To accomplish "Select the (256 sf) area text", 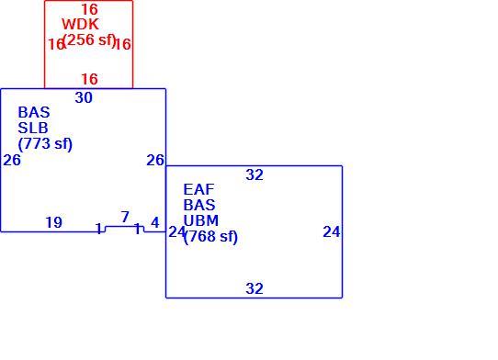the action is (x=89, y=39).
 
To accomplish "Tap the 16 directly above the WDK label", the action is (x=89, y=9).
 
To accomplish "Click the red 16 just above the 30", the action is (x=89, y=79).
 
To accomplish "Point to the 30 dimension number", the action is (x=84, y=97).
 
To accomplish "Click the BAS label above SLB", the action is (x=34, y=112).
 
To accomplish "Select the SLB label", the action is (x=33, y=128).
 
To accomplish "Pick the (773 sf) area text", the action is (x=45, y=144).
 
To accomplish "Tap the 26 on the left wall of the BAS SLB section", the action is (x=12, y=160).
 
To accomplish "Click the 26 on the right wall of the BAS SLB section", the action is (x=155, y=160).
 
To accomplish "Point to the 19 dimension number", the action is (x=54, y=222).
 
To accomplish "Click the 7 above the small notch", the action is (x=125, y=217).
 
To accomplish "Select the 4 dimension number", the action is (x=155, y=222).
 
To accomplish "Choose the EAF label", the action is (x=198, y=189).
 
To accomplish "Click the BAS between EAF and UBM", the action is (x=199, y=205).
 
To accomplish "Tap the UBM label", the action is (x=201, y=220).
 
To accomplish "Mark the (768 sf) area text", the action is (x=210, y=237).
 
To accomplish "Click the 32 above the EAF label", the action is (x=255, y=174).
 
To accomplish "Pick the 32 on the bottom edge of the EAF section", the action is (x=255, y=288).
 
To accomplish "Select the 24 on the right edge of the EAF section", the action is (x=332, y=231).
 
